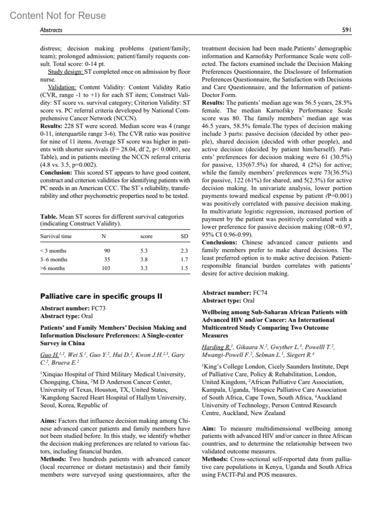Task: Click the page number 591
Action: click(347, 30)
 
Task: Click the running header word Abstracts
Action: click(51, 30)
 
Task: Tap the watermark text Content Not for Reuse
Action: click(58, 15)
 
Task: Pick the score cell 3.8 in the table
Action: click(144, 260)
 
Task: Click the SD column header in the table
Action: click(184, 236)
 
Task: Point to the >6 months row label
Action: click(52, 268)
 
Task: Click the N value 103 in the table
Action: click(106, 268)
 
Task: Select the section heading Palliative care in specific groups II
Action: click(101, 296)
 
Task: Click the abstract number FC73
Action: click(98, 308)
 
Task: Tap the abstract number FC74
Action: click(260, 293)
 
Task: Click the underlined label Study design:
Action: click(66, 72)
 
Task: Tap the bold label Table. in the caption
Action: click(49, 217)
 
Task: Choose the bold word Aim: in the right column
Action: click(209, 428)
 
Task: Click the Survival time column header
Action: click(56, 236)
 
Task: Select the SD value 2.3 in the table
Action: click(184, 251)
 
